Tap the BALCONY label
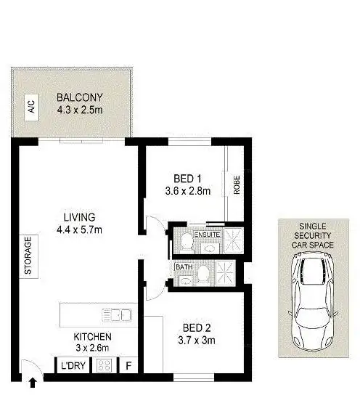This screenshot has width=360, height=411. [80, 98]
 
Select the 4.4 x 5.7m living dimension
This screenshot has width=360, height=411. [79, 230]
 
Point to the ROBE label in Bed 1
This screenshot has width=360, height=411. [237, 185]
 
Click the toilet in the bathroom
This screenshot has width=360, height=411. [205, 272]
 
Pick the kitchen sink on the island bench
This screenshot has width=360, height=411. [115, 314]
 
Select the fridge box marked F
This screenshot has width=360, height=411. [129, 366]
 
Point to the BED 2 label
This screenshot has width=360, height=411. [192, 327]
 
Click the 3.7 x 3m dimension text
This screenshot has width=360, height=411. [192, 340]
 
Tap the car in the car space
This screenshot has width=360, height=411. [312, 301]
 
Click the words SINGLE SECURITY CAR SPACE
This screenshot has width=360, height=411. [312, 236]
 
